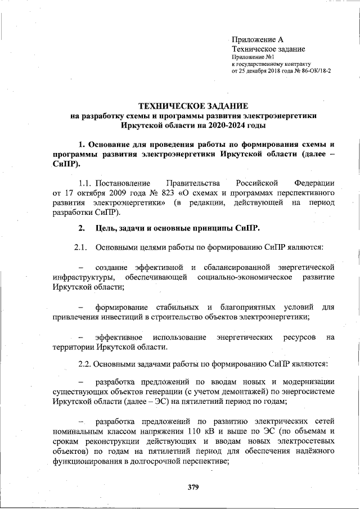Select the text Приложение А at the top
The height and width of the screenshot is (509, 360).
(x=258, y=40)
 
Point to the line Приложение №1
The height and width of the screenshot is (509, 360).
(x=253, y=57)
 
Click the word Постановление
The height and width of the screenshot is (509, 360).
(x=123, y=183)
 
